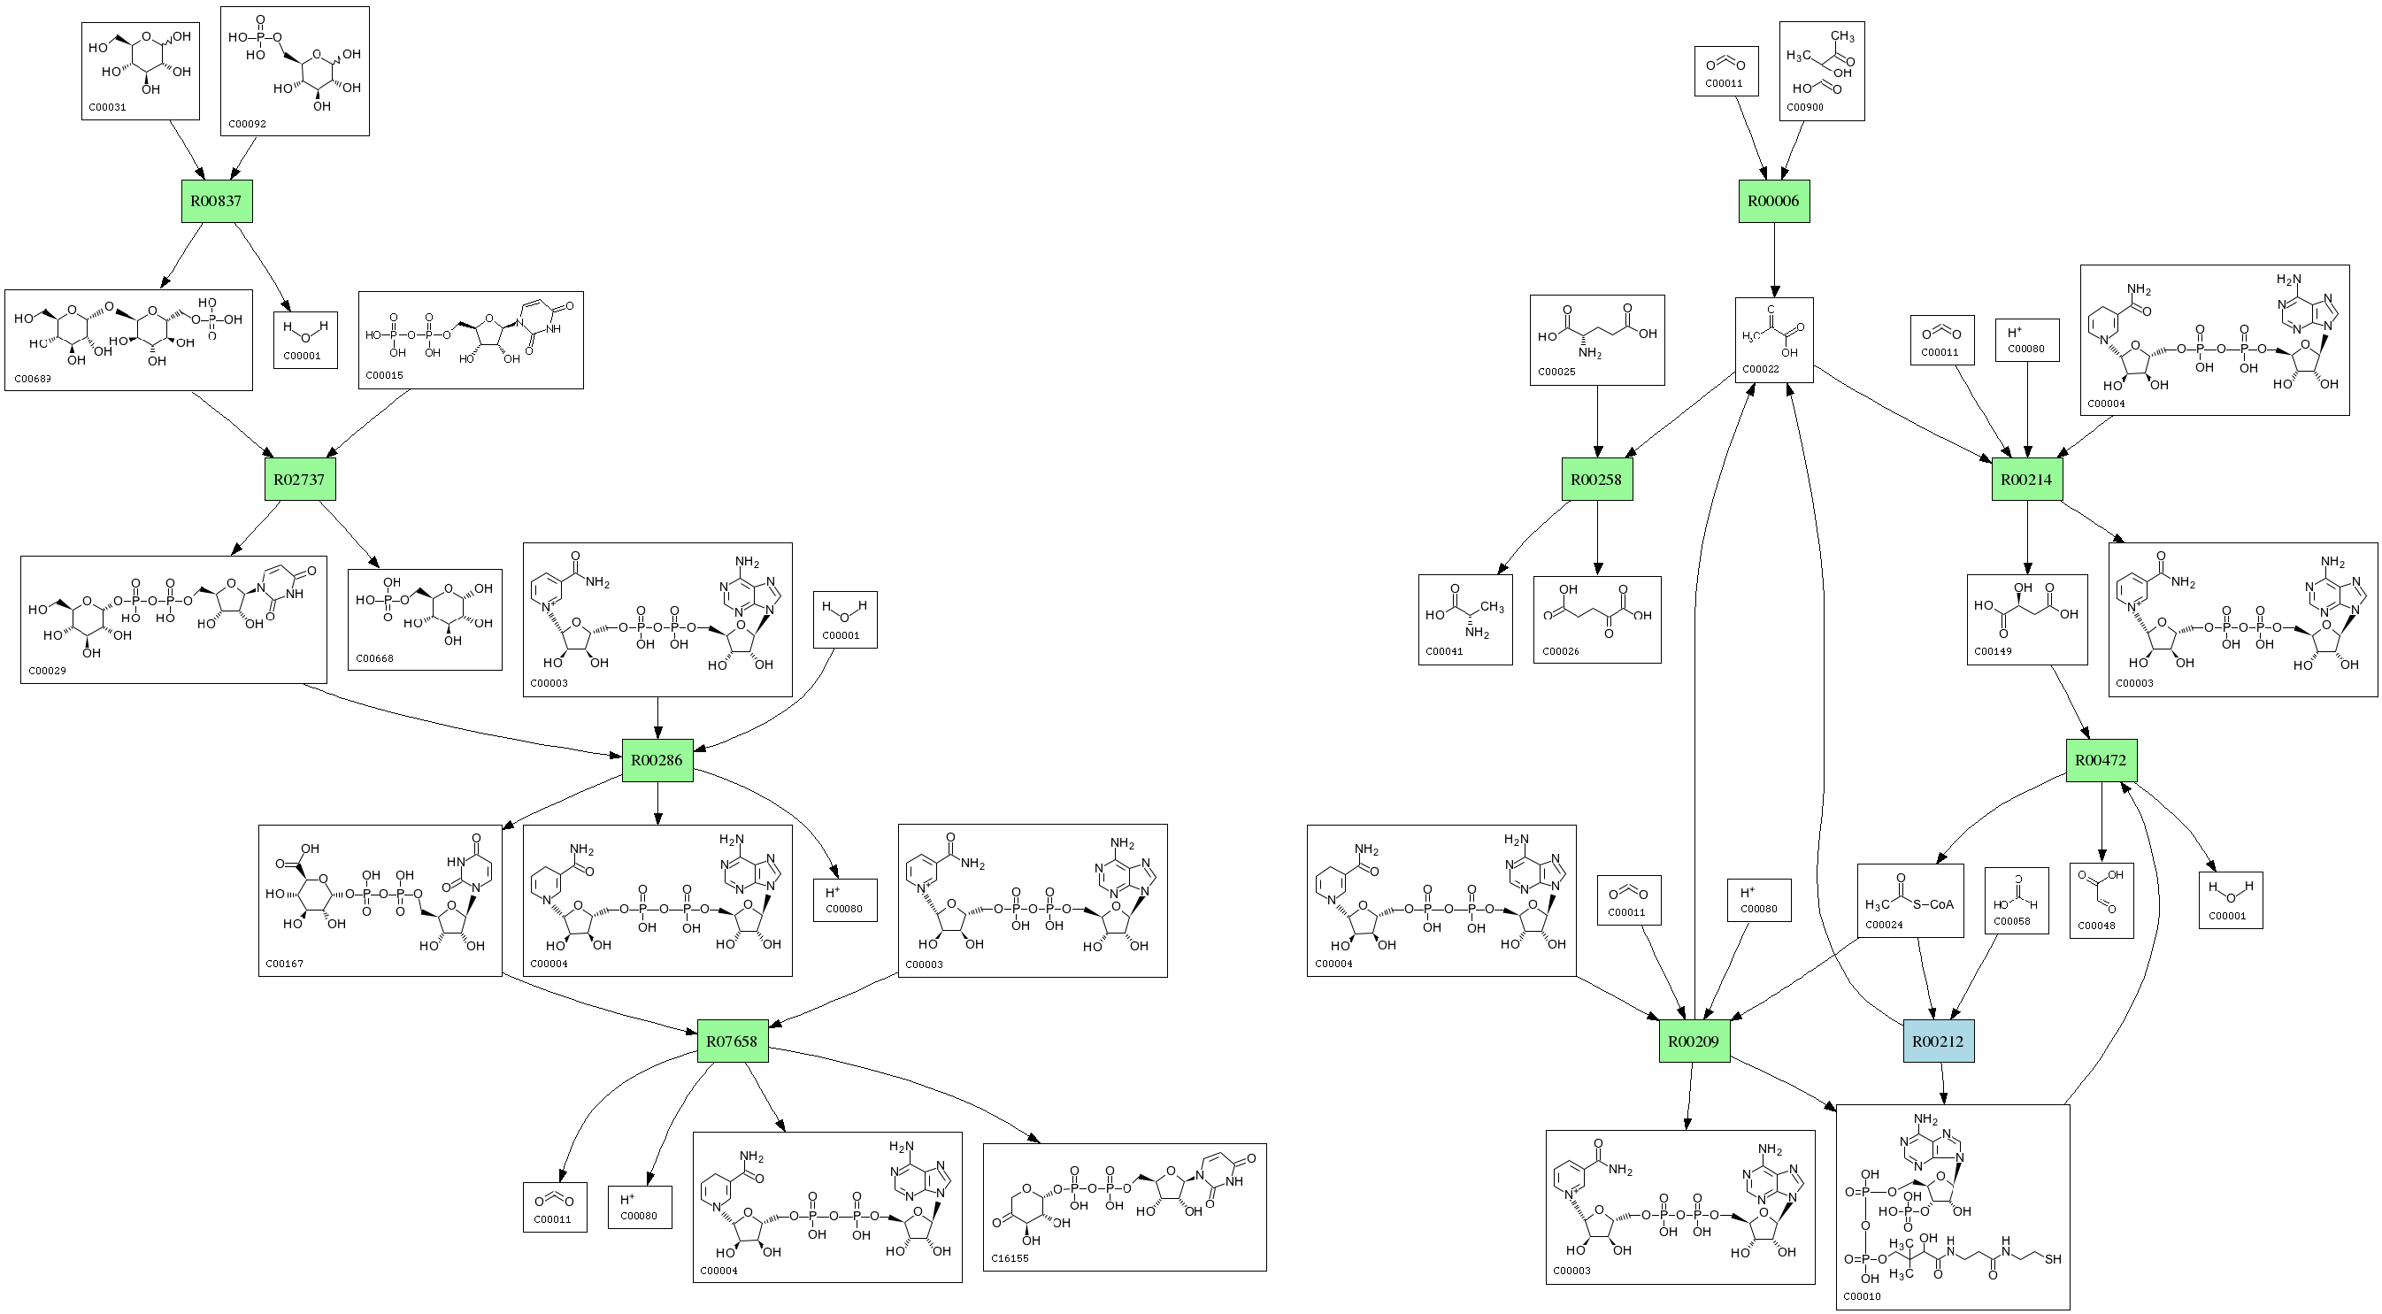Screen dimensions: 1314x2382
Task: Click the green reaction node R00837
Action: point(217,202)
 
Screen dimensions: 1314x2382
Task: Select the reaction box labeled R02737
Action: point(300,480)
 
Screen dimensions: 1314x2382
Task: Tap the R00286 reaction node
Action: point(657,760)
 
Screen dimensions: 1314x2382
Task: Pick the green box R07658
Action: point(732,1041)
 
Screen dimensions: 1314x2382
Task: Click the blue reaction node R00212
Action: point(1938,1041)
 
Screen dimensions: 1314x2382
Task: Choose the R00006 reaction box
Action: point(1773,202)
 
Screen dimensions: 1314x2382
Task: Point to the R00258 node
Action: point(1597,480)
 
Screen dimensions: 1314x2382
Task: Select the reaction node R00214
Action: point(2026,480)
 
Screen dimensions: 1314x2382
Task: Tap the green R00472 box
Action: point(2101,760)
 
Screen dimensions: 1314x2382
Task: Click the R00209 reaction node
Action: point(1694,1041)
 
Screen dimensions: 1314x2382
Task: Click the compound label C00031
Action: point(107,107)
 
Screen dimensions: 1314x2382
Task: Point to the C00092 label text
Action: point(247,124)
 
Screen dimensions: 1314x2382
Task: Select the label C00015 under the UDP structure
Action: point(384,375)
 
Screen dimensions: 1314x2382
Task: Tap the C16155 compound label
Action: point(1010,1258)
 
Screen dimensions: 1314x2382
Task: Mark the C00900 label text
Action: point(1805,107)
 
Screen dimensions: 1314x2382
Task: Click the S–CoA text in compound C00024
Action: point(1933,904)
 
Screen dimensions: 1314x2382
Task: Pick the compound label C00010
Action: point(1863,1296)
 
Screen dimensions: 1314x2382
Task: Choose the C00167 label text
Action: point(284,964)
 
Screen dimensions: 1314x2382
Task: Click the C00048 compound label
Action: point(2096,926)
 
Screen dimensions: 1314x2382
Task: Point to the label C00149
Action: point(1993,651)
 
